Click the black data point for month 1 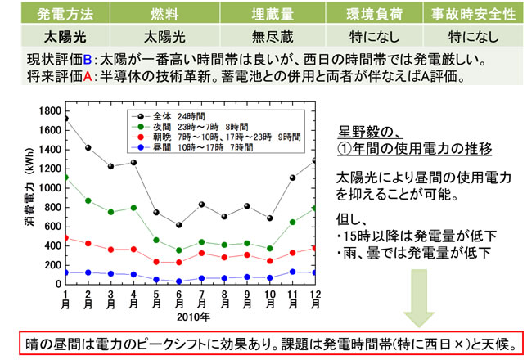[65, 119]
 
